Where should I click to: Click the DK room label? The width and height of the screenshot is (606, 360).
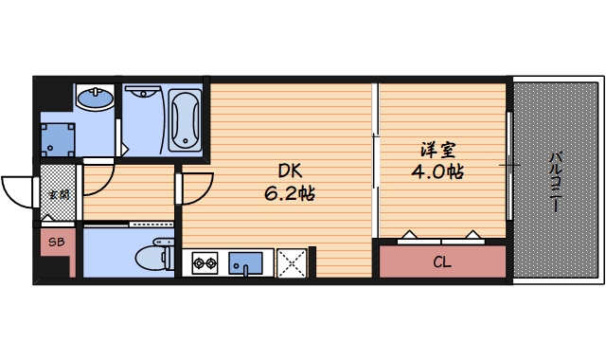tap(289, 171)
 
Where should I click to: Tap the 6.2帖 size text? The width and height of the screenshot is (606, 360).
tap(289, 193)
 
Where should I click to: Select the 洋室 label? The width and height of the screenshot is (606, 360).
tap(437, 150)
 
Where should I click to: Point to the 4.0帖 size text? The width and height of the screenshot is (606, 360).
tap(437, 172)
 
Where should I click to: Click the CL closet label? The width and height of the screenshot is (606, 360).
tap(441, 261)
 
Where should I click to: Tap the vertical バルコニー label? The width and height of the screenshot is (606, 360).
tap(555, 180)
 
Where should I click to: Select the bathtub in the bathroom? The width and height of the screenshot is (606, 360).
tap(185, 120)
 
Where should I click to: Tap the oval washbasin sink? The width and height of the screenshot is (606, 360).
tap(94, 98)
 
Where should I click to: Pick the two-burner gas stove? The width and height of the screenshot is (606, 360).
tap(205, 262)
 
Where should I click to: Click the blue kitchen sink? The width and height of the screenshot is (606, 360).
tap(249, 261)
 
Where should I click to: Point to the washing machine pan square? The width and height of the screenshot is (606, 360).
tap(59, 139)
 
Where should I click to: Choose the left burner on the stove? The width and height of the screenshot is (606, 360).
tap(199, 262)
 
